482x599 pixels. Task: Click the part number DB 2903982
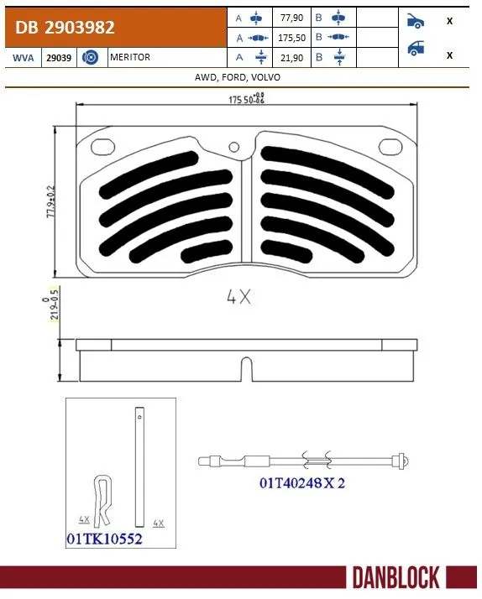pos(65,28)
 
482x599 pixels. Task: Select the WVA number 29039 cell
pos(58,57)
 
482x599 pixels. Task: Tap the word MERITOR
pos(131,57)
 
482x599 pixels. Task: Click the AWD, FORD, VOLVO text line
pos(238,77)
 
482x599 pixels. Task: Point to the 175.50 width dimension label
pos(244,100)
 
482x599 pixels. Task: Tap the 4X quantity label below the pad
pos(238,296)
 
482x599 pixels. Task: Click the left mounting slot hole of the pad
pos(102,146)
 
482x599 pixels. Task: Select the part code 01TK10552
pos(104,539)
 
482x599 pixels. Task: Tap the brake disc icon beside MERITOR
pos(92,57)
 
